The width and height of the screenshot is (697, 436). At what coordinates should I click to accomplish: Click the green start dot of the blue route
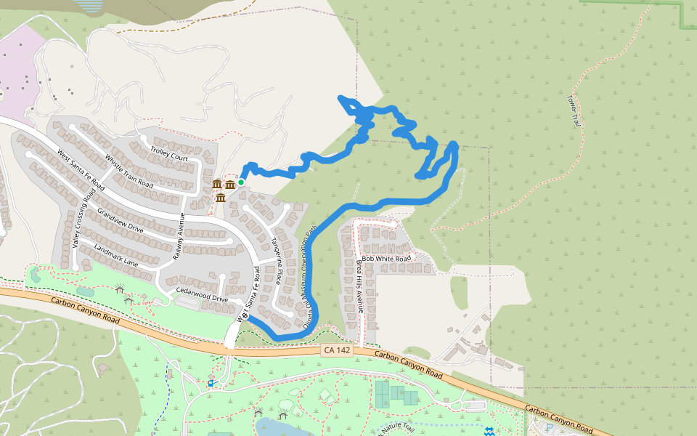241,182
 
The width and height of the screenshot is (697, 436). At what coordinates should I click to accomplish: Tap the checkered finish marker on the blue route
245,315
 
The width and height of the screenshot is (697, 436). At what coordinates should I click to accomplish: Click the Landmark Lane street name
115,254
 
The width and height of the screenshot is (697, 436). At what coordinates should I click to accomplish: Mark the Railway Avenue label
178,238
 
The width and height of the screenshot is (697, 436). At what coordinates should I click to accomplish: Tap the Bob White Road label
387,258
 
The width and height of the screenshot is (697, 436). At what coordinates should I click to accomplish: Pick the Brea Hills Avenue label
361,283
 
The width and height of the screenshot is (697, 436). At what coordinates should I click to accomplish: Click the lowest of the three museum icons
221,197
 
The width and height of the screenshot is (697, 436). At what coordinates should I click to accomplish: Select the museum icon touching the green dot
230,185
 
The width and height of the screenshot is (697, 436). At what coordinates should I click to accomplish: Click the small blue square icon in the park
211,383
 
